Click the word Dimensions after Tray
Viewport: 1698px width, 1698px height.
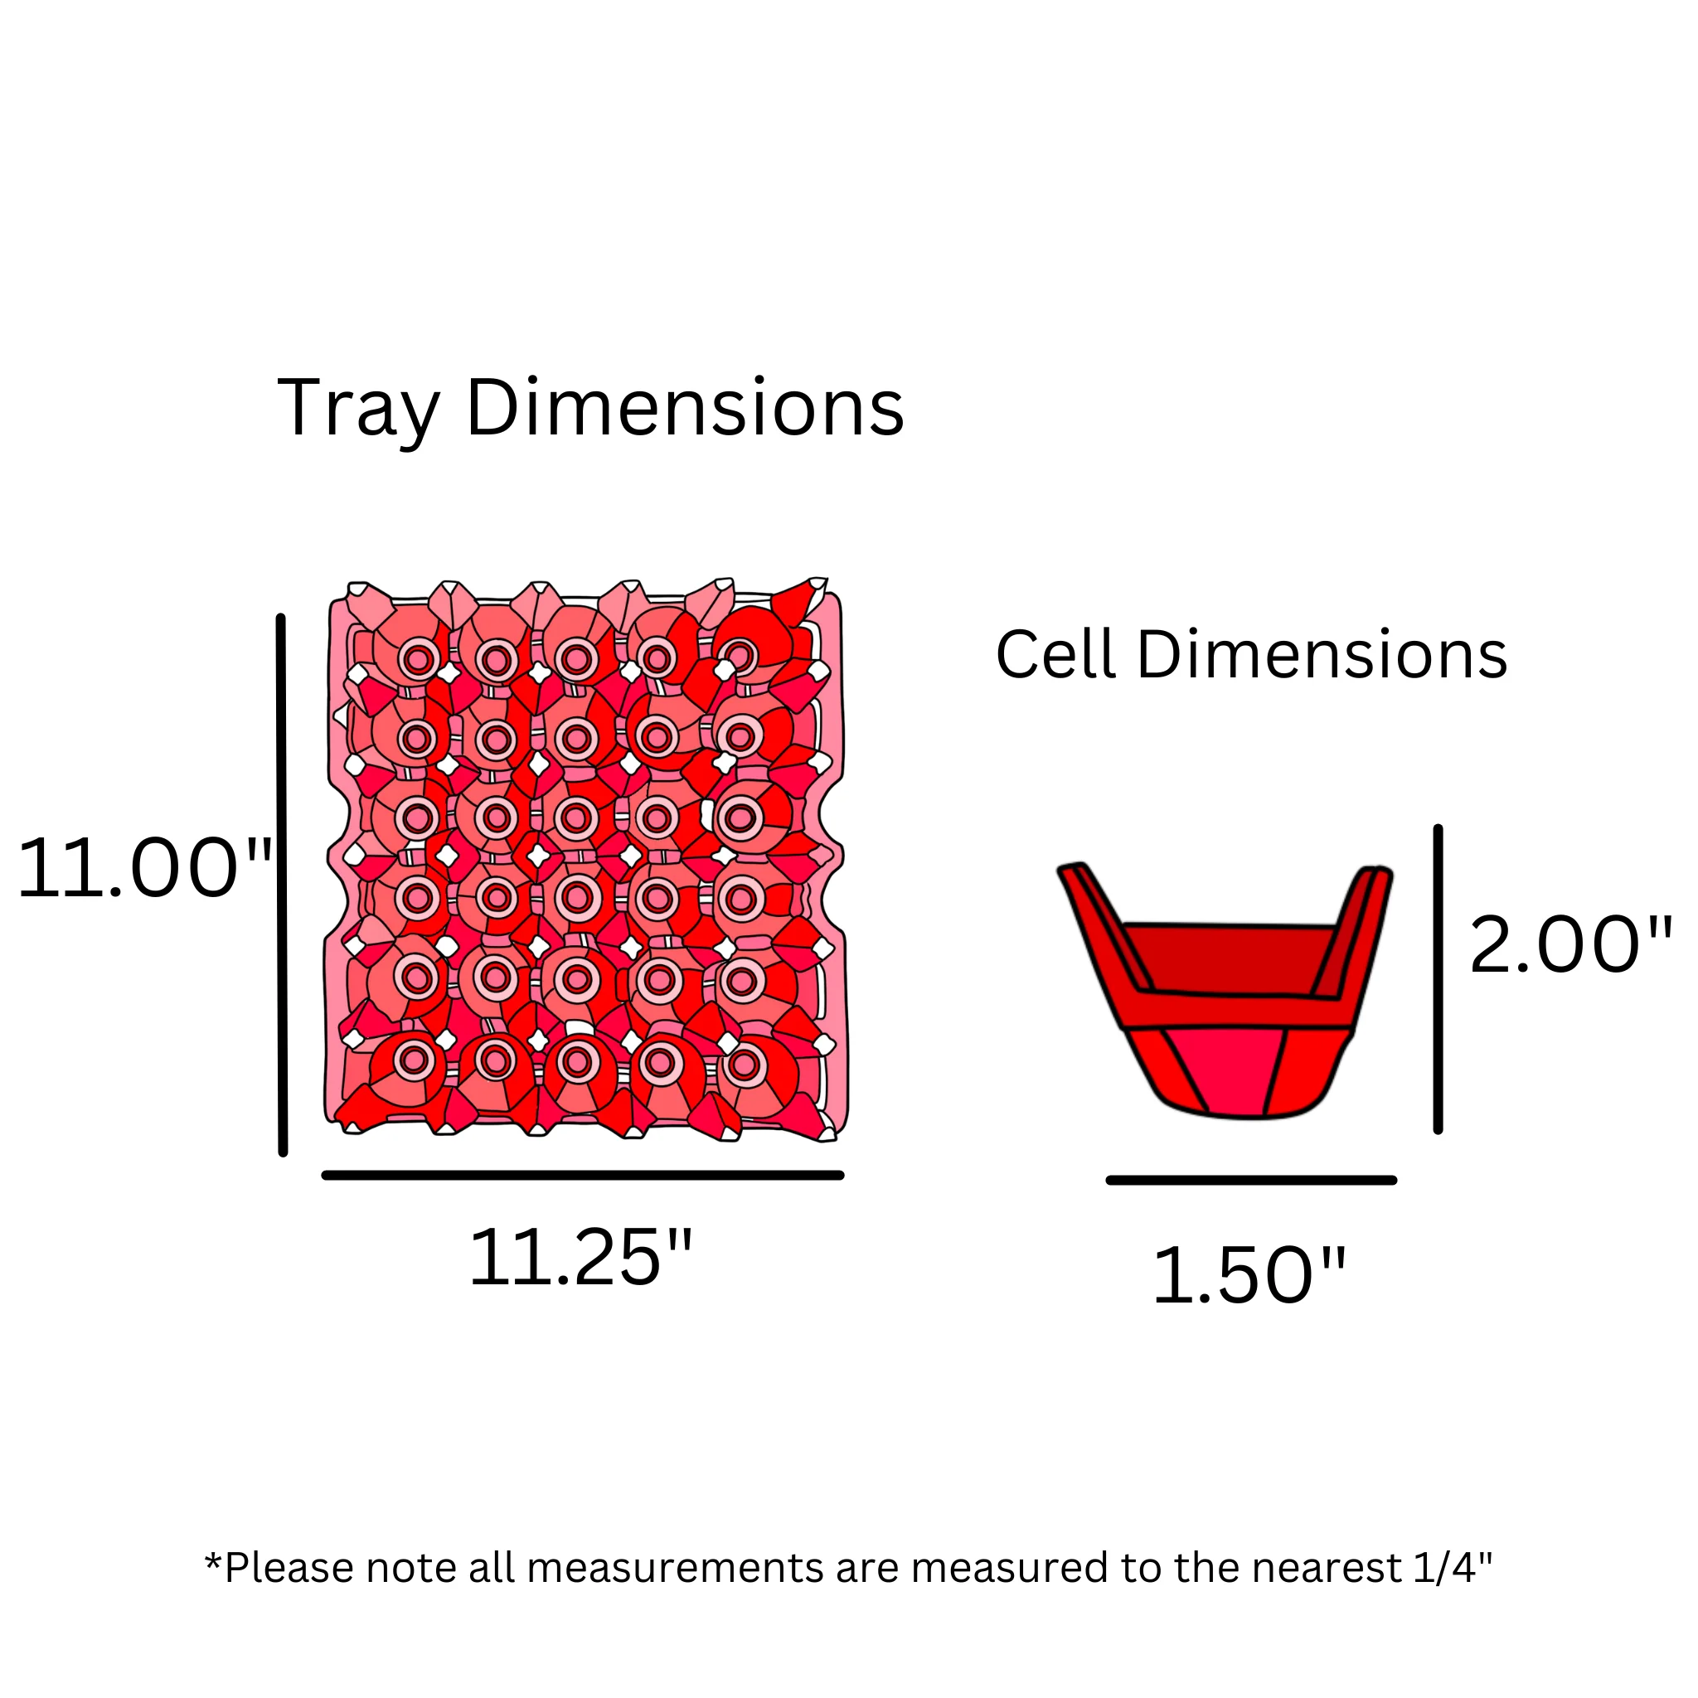tap(685, 407)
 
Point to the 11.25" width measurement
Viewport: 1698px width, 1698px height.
tap(581, 1258)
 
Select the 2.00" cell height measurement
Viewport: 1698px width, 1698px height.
tap(1570, 945)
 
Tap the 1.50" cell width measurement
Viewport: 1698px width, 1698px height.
tap(1248, 1275)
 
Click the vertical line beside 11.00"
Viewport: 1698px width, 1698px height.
tap(281, 885)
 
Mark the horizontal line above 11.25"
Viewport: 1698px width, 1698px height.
tap(583, 1175)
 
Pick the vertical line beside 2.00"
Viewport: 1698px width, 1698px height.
tap(1438, 979)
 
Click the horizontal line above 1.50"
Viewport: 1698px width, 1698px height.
tap(1251, 1181)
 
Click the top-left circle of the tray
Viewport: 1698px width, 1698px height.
tap(418, 659)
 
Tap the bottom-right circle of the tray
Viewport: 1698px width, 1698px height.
tap(744, 1065)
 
